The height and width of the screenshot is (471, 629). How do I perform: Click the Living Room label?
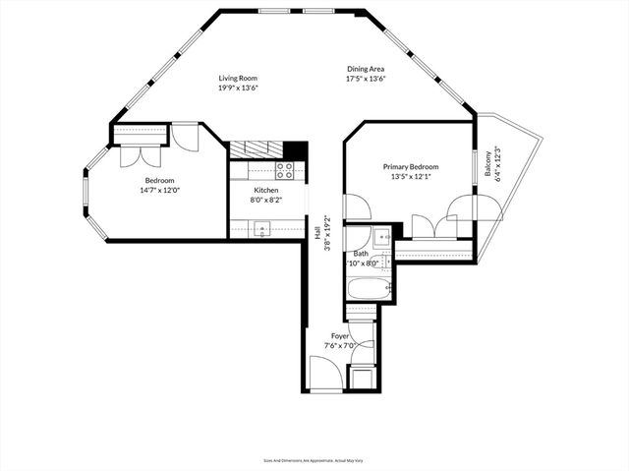(x=238, y=78)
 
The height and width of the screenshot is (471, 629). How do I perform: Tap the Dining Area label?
(x=366, y=70)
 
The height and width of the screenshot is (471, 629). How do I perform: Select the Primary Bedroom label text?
(x=410, y=168)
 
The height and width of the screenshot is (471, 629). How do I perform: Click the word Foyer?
(x=340, y=336)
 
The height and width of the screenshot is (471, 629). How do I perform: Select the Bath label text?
(x=361, y=255)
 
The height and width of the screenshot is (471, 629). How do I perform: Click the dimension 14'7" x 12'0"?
(x=160, y=190)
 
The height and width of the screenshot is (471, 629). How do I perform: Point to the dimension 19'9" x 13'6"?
(x=238, y=88)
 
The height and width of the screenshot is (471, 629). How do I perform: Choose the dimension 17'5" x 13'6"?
(x=366, y=79)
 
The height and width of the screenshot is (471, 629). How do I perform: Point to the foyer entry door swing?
(x=325, y=374)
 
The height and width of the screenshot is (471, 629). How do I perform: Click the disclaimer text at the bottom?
(x=314, y=460)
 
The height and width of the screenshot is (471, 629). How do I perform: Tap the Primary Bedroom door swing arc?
(x=356, y=206)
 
